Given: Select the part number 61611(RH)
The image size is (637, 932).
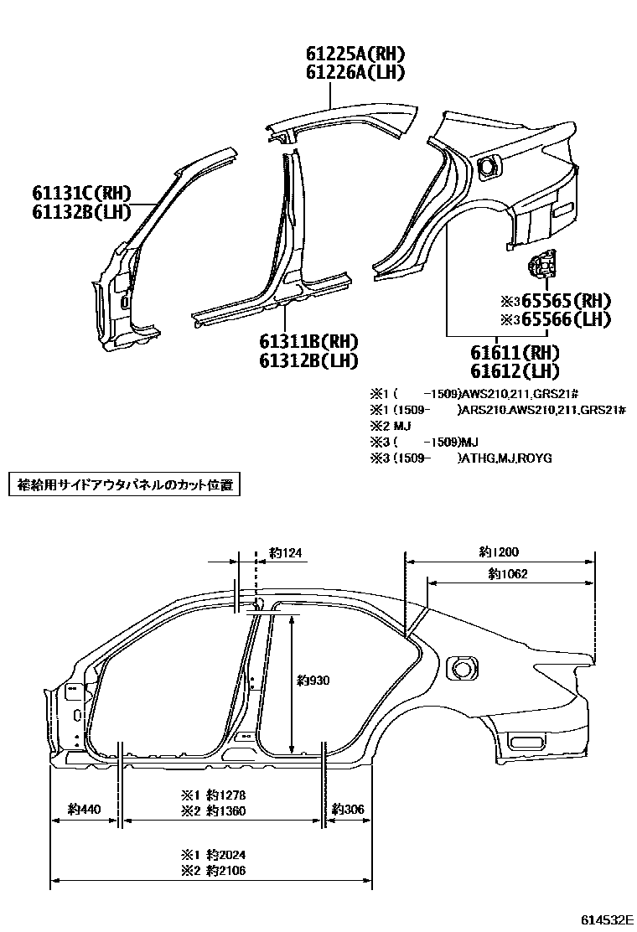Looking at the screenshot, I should (514, 352).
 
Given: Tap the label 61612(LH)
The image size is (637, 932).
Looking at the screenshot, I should (514, 370).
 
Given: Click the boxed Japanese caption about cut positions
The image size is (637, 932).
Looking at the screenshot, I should (124, 484).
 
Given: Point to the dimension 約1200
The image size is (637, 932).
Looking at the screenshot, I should (499, 552).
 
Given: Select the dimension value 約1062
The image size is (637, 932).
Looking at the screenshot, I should (507, 574).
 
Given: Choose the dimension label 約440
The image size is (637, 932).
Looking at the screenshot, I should (84, 810).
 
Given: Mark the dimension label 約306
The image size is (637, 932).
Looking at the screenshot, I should (348, 810).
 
